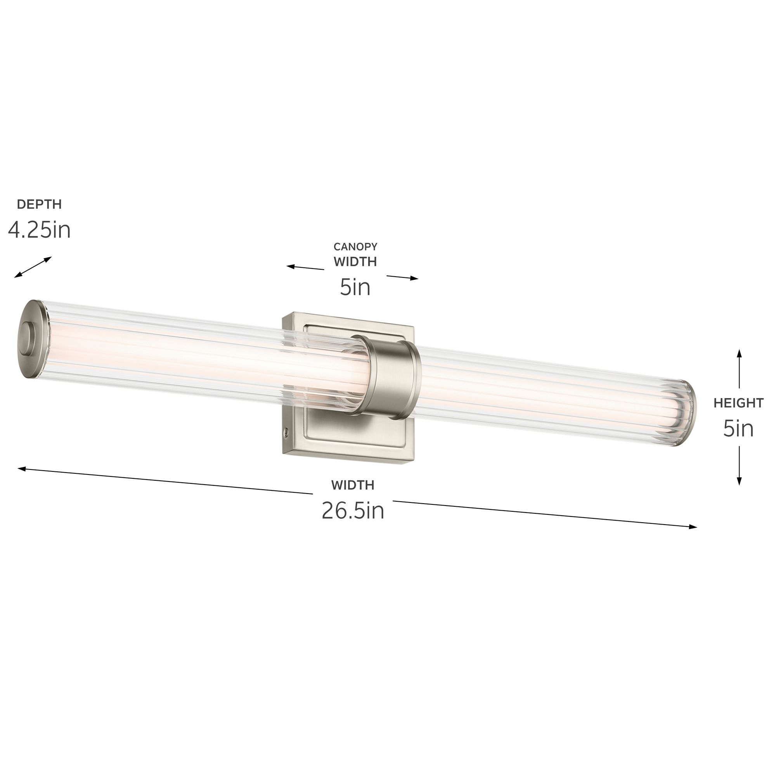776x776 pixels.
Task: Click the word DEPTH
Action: pyautogui.click(x=39, y=204)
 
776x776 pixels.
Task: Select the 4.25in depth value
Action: pyautogui.click(x=39, y=230)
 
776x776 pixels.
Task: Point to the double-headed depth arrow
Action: pyautogui.click(x=33, y=267)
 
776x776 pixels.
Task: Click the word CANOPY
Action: pyautogui.click(x=355, y=247)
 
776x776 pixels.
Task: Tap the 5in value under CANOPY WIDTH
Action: pyautogui.click(x=355, y=287)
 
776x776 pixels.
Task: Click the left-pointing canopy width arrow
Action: pyautogui.click(x=305, y=267)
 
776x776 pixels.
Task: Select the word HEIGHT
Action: pyautogui.click(x=738, y=403)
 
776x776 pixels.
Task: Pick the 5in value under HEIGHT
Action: pyautogui.click(x=738, y=429)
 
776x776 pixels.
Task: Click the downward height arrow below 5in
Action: pyautogui.click(x=739, y=466)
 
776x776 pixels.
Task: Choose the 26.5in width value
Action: pyautogui.click(x=353, y=511)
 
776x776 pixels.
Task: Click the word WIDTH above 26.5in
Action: pyautogui.click(x=353, y=485)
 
